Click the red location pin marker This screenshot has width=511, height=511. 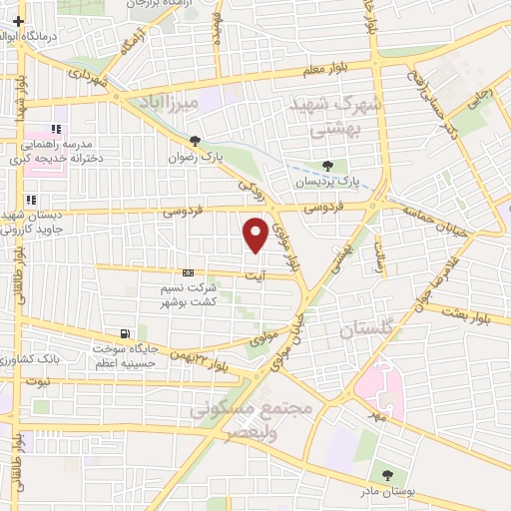(x=255, y=234)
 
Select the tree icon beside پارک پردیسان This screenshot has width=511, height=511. (x=328, y=166)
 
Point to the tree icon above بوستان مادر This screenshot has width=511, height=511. (x=384, y=475)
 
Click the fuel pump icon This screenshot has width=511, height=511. (x=125, y=334)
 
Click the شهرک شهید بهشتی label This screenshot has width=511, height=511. (x=320, y=116)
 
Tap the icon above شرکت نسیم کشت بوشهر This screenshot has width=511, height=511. (x=188, y=272)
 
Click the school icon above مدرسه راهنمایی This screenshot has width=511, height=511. (x=56, y=129)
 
